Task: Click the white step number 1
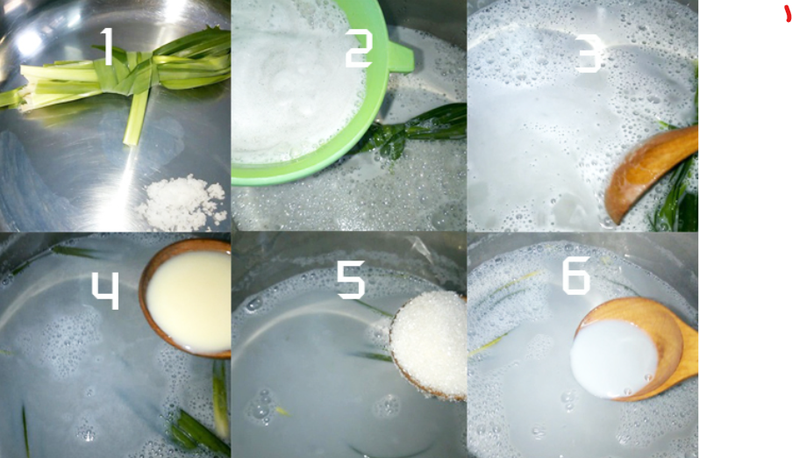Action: [107, 46]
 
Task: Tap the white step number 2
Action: [359, 48]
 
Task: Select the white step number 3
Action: [588, 54]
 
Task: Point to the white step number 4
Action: [105, 290]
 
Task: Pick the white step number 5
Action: [351, 280]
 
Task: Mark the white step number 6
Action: [576, 276]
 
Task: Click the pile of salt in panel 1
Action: [182, 202]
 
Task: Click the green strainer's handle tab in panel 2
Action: [402, 57]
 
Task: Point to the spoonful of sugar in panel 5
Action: [431, 344]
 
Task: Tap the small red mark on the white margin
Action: [788, 14]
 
